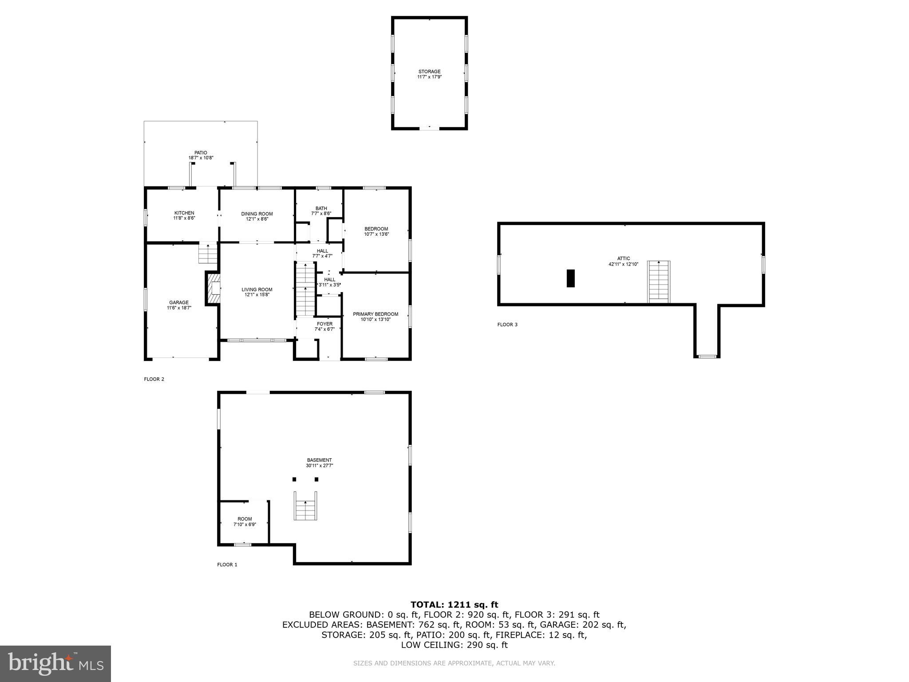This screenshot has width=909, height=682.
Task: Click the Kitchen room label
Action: (x=184, y=213)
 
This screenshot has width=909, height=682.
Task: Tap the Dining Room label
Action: (x=257, y=214)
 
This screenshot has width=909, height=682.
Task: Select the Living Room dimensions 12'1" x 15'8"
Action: (x=257, y=295)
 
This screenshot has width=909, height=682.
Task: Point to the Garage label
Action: (x=179, y=303)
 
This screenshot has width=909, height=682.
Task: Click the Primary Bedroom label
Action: (x=375, y=314)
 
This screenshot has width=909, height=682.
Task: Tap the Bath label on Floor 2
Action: (x=321, y=208)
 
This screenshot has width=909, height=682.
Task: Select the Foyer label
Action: (x=324, y=324)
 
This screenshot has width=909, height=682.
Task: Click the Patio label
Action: (x=201, y=153)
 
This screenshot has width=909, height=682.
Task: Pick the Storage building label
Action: (x=429, y=71)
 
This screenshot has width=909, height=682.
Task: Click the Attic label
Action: (x=623, y=258)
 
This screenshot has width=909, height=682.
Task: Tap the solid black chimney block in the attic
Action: (x=570, y=278)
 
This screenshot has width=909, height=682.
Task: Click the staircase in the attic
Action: (x=659, y=282)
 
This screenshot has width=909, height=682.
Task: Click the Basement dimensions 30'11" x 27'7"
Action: (x=319, y=466)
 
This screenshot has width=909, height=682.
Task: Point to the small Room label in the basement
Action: (x=245, y=519)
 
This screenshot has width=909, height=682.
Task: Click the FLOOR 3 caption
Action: (x=507, y=325)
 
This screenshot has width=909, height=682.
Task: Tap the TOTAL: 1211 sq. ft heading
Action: (x=454, y=604)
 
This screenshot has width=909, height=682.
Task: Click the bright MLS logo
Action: (x=55, y=664)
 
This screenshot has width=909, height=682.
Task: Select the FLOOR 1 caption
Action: (x=227, y=565)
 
